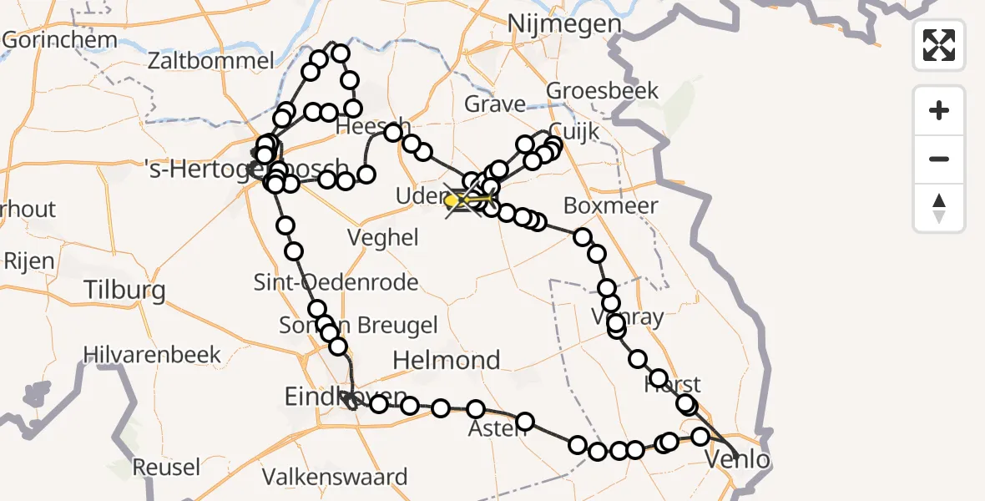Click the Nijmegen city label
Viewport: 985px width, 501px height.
[x=564, y=24]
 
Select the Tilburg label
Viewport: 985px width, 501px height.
[x=124, y=291]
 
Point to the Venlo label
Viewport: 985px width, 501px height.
[x=738, y=459]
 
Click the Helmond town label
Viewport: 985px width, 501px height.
[x=447, y=361]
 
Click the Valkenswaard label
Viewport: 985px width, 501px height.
[x=335, y=478]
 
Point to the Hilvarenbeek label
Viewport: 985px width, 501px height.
[x=153, y=354]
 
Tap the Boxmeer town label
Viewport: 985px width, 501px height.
[x=611, y=205]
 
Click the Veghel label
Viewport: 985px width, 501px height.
[x=384, y=238]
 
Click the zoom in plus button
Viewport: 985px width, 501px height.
[x=939, y=110]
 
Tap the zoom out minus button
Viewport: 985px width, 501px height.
[x=939, y=159]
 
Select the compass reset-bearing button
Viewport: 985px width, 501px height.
[x=939, y=208]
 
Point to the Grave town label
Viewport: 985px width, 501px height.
[x=495, y=105]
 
